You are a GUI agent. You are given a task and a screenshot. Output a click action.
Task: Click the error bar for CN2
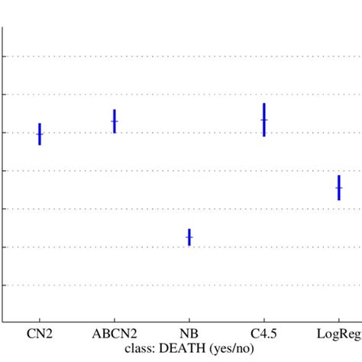coord(40,134)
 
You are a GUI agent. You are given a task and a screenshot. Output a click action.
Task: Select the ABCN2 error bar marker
coord(115,121)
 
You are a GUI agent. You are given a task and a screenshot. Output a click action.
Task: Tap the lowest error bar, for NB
coord(189,238)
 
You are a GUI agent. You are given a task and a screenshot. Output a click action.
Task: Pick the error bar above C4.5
coord(264,120)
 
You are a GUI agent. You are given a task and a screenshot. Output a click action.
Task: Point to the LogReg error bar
coord(338,187)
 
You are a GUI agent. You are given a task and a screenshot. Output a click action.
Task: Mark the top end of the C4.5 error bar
coord(264,104)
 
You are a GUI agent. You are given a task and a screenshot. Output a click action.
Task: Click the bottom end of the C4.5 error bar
coord(264,136)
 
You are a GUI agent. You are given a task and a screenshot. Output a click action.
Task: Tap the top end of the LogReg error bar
coord(338,176)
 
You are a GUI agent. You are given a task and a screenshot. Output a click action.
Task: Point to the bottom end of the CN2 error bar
coord(40,144)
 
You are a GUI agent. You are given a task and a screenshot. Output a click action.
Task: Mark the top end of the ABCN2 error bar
coord(115,110)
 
